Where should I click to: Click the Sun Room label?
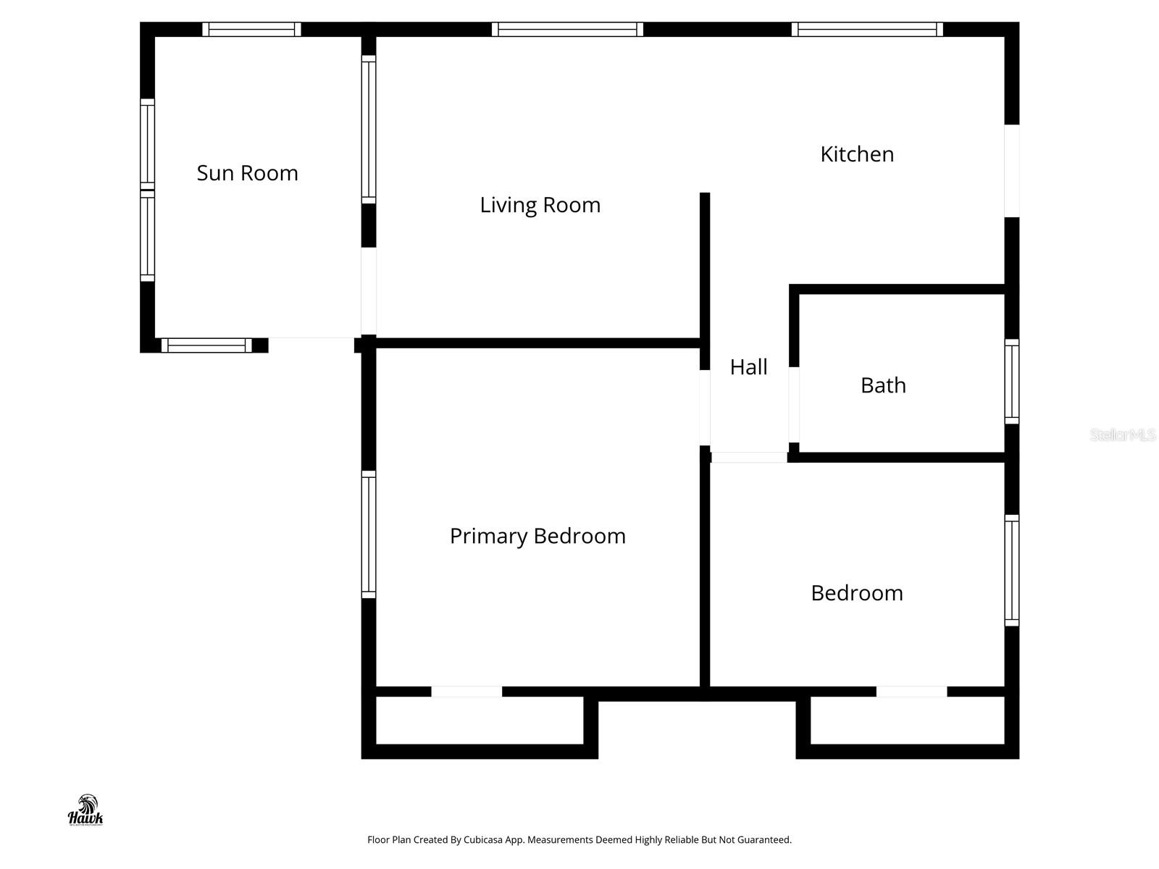[247, 173]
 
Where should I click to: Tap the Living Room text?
[540, 205]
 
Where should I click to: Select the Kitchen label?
[857, 154]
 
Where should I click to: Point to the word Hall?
[748, 367]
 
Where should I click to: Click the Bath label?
[883, 385]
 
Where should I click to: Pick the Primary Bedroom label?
[537, 536]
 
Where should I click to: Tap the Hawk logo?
[85, 810]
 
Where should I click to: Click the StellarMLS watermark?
[1123, 435]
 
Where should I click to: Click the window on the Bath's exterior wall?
[1012, 381]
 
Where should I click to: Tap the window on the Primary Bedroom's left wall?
[369, 534]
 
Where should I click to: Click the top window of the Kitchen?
[867, 29]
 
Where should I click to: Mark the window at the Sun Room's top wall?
[251, 29]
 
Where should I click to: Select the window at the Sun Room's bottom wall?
[206, 345]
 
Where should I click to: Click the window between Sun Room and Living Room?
[369, 130]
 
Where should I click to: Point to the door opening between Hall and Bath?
[794, 405]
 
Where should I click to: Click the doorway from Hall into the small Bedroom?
[748, 458]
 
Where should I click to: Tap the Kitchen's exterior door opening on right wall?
[1012, 171]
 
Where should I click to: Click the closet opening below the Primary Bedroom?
[466, 692]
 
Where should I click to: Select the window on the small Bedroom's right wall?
[1012, 570]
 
